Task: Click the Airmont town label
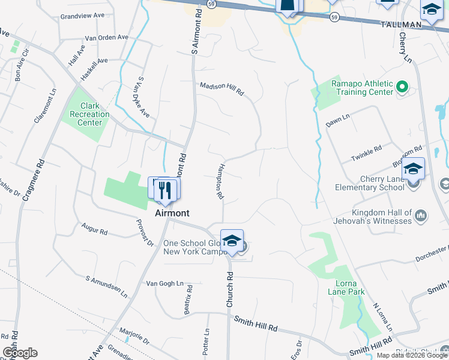point(172,213)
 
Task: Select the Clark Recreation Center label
point(90,114)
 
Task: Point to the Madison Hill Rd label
point(222,89)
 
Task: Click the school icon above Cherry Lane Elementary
point(413,169)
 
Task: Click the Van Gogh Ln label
point(164,283)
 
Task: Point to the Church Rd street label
point(229,290)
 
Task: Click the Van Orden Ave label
point(107,37)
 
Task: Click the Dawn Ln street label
point(337,120)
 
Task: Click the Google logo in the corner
point(20,353)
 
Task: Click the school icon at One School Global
point(232,241)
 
